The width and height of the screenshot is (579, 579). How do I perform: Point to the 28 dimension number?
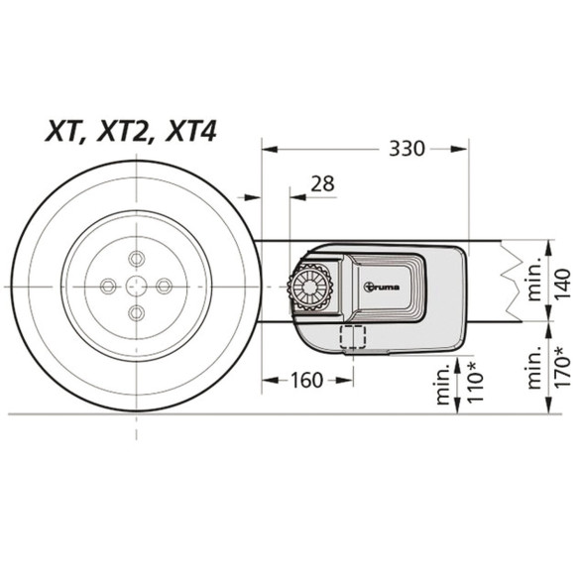click(321, 183)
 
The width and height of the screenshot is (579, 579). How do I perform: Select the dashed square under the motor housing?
click(352, 336)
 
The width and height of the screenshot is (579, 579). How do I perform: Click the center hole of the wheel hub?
click(137, 286)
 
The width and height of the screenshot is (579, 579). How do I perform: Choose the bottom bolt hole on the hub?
click(137, 312)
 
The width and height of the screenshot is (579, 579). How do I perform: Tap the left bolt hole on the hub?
click(110, 286)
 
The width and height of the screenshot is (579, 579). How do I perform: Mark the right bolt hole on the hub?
click(164, 286)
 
